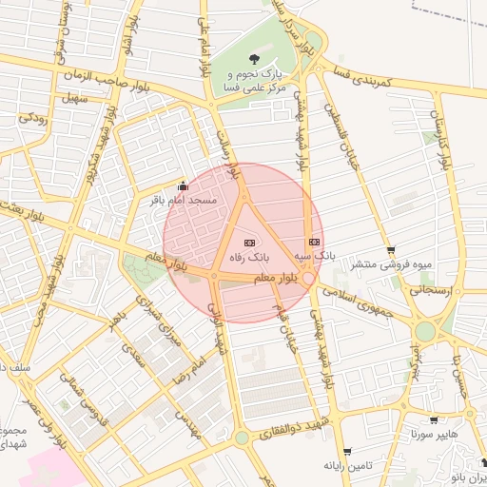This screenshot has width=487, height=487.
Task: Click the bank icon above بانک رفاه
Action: (250, 243)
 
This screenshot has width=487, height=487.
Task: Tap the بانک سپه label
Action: (319, 257)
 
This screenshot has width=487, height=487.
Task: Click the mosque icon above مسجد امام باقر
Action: (184, 186)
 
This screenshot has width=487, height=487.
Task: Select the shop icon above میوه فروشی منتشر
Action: (391, 250)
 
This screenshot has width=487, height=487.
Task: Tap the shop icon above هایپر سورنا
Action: (434, 419)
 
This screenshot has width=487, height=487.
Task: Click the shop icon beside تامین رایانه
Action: (347, 452)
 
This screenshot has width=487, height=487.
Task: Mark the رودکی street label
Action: (34, 118)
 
